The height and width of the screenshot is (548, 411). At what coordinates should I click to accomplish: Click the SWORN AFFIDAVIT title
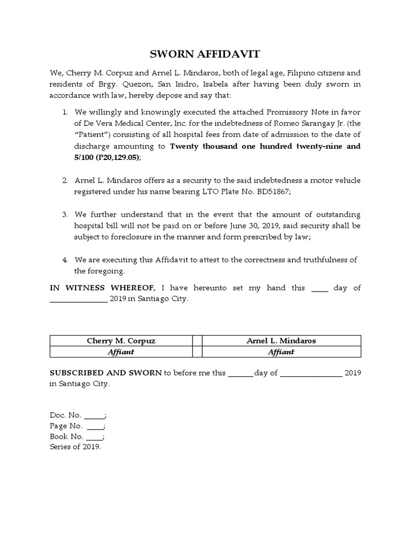tap(205, 54)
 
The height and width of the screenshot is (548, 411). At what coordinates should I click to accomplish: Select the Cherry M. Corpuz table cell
tap(121, 341)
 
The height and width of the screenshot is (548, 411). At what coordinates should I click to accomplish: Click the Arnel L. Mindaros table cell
tap(281, 341)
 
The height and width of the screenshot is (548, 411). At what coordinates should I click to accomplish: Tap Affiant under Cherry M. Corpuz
tap(121, 352)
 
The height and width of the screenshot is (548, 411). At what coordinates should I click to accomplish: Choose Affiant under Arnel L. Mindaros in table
tap(281, 352)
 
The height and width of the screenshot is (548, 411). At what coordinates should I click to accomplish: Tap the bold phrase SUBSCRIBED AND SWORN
tap(105, 373)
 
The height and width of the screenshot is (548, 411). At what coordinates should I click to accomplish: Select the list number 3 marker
tap(64, 215)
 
